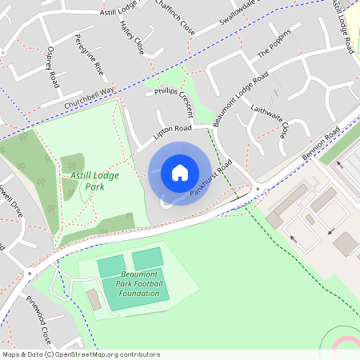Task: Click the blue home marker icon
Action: [x=180, y=173]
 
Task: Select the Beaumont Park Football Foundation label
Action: [x=139, y=283]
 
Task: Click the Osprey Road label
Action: [x=54, y=68]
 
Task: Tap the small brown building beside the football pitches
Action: [x=93, y=299]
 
